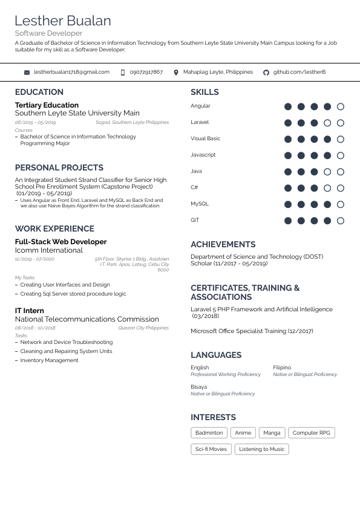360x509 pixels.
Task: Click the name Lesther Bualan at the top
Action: click(63, 21)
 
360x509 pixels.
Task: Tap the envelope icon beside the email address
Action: click(27, 73)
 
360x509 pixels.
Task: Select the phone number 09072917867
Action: click(146, 72)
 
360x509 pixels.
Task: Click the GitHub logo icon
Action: click(266, 73)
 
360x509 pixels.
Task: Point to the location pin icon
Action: click(176, 73)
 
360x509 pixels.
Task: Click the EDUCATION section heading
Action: click(39, 92)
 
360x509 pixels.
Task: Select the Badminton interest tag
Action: click(209, 433)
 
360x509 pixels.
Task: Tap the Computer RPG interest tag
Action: click(312, 433)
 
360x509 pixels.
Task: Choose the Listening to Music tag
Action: click(261, 449)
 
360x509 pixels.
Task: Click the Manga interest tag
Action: click(272, 433)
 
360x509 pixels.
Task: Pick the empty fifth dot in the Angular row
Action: click(341, 106)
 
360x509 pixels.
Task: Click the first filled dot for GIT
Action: click(288, 221)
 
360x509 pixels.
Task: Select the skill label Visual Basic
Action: click(205, 138)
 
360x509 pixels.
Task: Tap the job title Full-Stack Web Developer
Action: click(61, 242)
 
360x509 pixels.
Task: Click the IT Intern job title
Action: click(29, 311)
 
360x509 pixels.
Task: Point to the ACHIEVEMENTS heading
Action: click(223, 244)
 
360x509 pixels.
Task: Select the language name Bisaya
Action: click(198, 387)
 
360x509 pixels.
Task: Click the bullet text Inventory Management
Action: click(49, 360)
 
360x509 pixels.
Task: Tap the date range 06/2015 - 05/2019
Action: click(35, 123)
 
